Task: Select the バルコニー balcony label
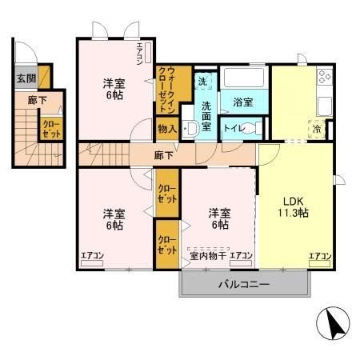coord(243,285)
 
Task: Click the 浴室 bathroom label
coord(243,103)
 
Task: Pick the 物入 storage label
coord(167,128)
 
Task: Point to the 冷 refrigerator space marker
coord(318,128)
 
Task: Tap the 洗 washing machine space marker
coord(203,82)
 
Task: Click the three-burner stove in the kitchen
coord(324,79)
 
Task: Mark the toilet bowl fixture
coord(254,129)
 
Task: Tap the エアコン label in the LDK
coord(320,256)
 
